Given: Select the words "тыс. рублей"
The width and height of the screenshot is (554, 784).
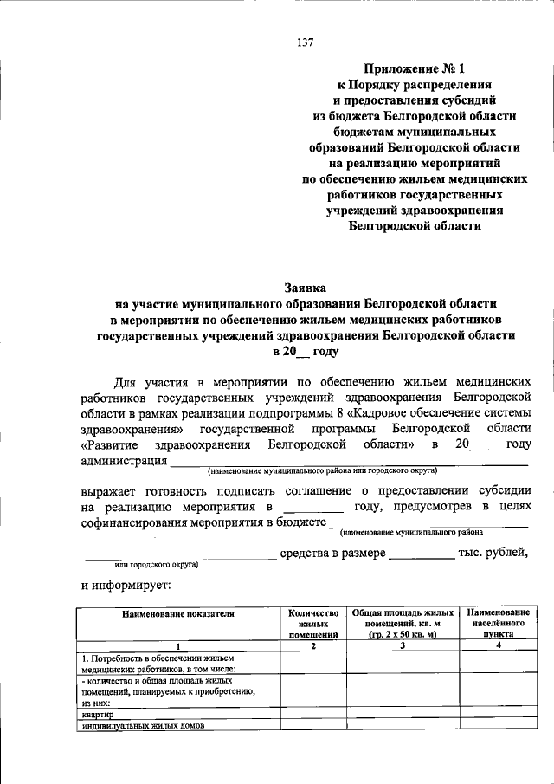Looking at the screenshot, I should [x=493, y=553].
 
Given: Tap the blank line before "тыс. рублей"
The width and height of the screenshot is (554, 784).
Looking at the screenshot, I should [x=422, y=554].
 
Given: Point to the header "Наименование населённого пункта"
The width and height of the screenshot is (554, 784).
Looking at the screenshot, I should [x=497, y=623].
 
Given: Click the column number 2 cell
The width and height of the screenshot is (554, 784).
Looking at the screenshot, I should [x=312, y=645].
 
